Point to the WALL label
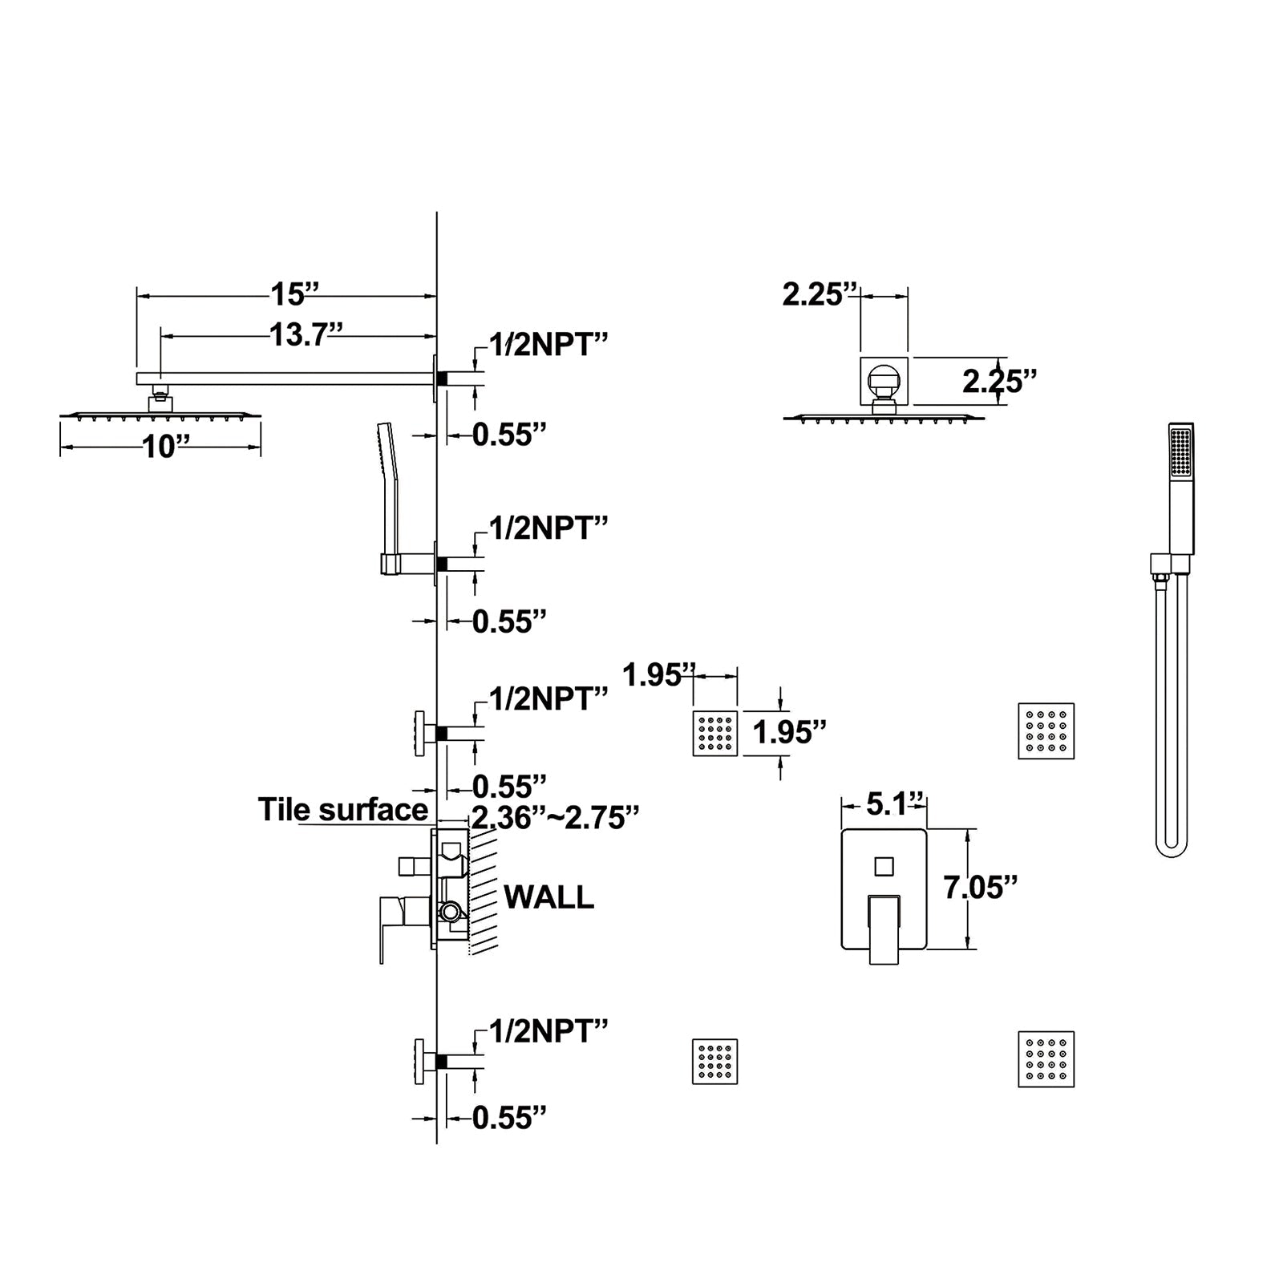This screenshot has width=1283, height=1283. [x=548, y=897]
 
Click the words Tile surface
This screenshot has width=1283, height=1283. [x=342, y=810]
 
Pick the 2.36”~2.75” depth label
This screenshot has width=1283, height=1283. [x=555, y=818]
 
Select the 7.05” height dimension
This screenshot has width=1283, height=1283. [x=980, y=888]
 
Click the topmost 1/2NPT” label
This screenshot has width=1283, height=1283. [x=548, y=345]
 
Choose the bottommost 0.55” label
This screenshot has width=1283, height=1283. [x=509, y=1118]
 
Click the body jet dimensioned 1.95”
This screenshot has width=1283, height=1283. [x=715, y=733]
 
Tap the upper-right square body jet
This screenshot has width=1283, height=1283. [x=1046, y=731]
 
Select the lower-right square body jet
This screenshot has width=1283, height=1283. [x=1046, y=1059]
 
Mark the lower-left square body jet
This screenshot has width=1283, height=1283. [x=714, y=1062]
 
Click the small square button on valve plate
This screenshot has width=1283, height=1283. [x=884, y=866]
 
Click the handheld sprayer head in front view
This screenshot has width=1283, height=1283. [x=1181, y=453]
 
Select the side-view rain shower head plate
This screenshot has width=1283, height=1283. [x=160, y=415]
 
